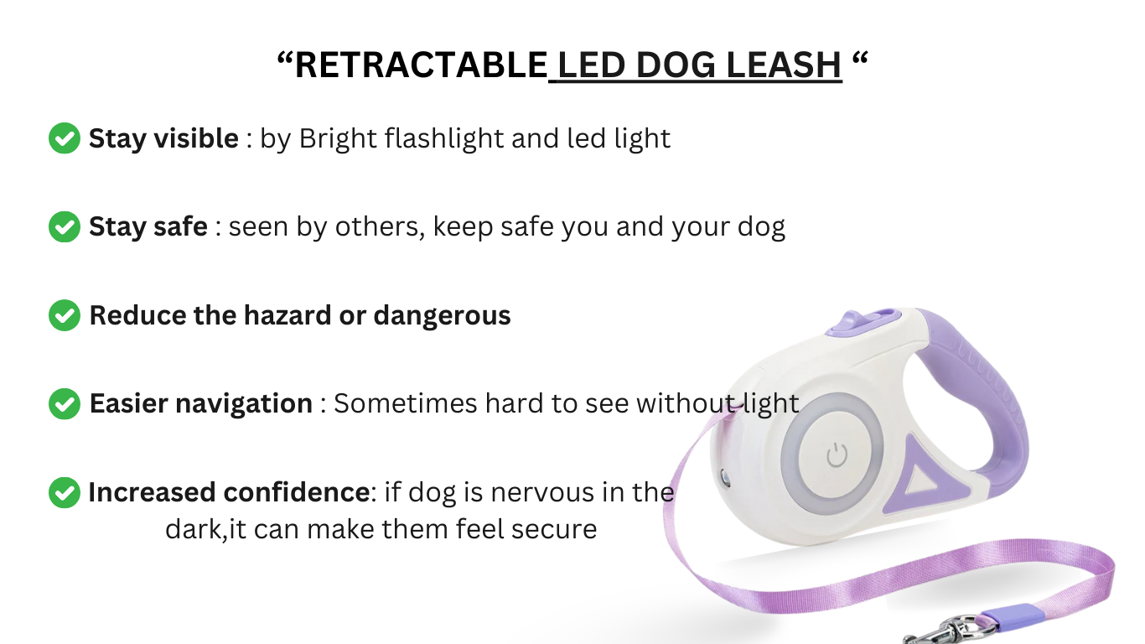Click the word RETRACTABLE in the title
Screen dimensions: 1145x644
pyautogui.click(x=421, y=65)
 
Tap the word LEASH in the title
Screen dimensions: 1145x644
pyautogui.click(x=784, y=65)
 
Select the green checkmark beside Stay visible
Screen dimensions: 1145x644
pyautogui.click(x=65, y=138)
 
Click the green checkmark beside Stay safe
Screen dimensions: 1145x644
pyautogui.click(x=65, y=226)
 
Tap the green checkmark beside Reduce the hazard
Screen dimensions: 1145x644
pyautogui.click(x=65, y=315)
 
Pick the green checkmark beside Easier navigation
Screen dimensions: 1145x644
pyautogui.click(x=65, y=403)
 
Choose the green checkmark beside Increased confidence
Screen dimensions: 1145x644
pyautogui.click(x=65, y=492)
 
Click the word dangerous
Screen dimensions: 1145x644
pyautogui.click(x=442, y=316)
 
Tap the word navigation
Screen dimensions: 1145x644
pyautogui.click(x=244, y=404)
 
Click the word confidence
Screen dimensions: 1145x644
pyautogui.click(x=297, y=492)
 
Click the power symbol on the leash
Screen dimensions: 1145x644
pyautogui.click(x=837, y=455)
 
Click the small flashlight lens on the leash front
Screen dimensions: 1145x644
pyautogui.click(x=725, y=478)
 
